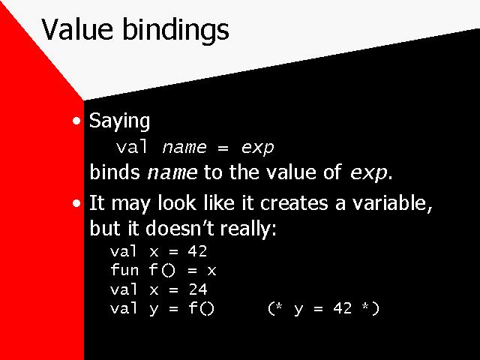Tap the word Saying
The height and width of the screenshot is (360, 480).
click(x=119, y=121)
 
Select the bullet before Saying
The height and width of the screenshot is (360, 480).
click(x=76, y=121)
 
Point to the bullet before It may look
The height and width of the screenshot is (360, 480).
click(x=76, y=203)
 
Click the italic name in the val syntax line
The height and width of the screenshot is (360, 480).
click(x=184, y=148)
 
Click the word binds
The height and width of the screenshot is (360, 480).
click(x=115, y=172)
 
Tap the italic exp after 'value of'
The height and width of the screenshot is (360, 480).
click(x=368, y=174)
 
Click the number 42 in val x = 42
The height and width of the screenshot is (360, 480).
click(x=197, y=251)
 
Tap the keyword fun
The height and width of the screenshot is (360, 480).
click(x=124, y=270)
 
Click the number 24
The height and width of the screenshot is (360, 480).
click(x=198, y=289)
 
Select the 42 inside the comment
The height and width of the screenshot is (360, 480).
click(x=342, y=308)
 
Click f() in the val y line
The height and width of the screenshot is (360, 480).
click(x=201, y=308)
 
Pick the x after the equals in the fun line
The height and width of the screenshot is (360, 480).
click(x=211, y=271)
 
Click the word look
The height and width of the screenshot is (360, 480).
click(x=177, y=203)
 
